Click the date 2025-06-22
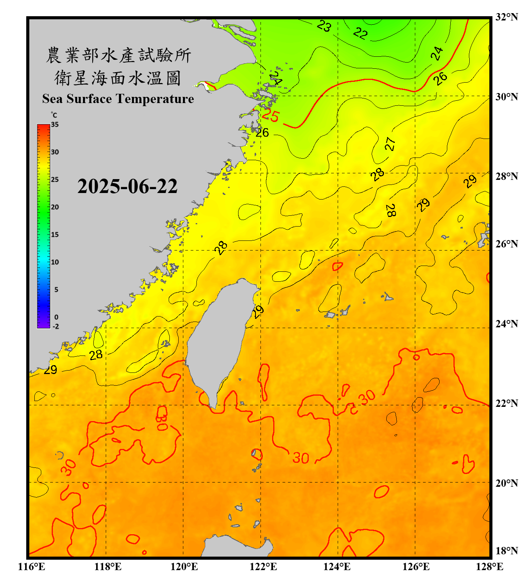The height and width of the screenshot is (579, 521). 127,186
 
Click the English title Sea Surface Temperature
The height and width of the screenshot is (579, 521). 118,99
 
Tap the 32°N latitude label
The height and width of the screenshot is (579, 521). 506,17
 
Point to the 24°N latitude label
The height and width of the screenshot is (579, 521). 506,323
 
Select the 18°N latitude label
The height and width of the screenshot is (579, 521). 506,551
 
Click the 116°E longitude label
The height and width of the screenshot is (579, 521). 32,567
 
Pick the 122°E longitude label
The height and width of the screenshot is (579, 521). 263,567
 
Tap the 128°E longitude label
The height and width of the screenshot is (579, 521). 489,567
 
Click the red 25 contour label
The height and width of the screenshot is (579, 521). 270,115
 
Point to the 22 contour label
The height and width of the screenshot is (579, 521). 360,33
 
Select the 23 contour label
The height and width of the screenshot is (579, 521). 324,26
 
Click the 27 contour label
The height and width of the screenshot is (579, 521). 390,144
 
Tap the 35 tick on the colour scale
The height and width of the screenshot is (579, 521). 55,125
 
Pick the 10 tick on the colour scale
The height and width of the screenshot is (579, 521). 55,262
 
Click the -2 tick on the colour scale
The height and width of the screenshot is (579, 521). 56,326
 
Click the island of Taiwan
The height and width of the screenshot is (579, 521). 218,340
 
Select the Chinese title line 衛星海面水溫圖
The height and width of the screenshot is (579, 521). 118,78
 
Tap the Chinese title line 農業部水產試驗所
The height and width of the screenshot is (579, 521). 118,55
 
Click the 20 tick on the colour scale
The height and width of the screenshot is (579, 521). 55,207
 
